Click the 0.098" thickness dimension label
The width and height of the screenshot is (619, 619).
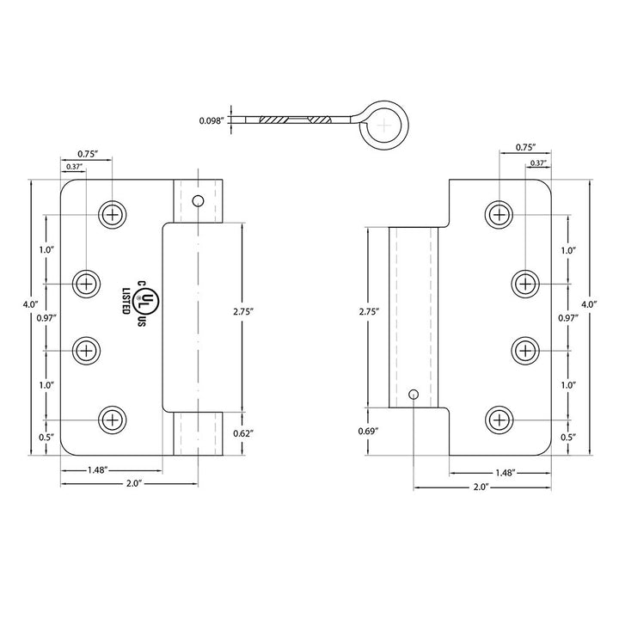(211, 121)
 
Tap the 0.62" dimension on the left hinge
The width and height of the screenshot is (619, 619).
(243, 433)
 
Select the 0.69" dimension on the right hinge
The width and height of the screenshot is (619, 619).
(368, 431)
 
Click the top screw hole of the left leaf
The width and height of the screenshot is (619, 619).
(113, 215)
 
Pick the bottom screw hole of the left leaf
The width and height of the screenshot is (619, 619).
(113, 420)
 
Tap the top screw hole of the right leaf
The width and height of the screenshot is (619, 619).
(499, 215)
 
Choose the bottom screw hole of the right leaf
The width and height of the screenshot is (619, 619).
(499, 420)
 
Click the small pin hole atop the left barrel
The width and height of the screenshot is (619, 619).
(198, 201)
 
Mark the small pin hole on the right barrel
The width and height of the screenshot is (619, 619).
(414, 394)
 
